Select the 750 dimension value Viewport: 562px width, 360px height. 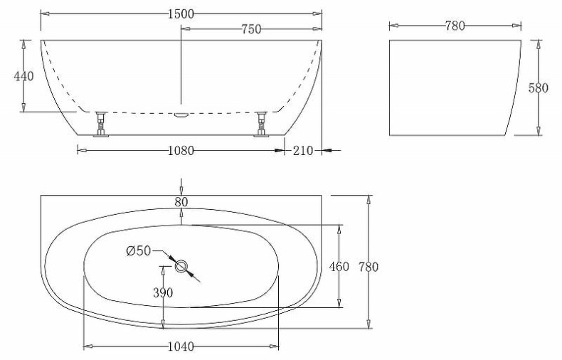[x=251, y=29]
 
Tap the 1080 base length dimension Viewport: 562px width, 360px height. [x=181, y=150]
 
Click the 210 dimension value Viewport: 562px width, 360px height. [x=303, y=150]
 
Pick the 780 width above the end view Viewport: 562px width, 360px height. [x=455, y=26]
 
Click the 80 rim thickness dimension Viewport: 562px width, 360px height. [x=181, y=202]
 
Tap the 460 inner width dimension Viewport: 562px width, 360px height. [x=339, y=267]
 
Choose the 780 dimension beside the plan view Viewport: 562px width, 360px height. [x=368, y=267]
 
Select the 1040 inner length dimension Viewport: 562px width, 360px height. [x=181, y=347]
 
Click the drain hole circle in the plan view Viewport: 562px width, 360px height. [x=181, y=267]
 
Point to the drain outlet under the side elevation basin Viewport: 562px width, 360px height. [x=181, y=114]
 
